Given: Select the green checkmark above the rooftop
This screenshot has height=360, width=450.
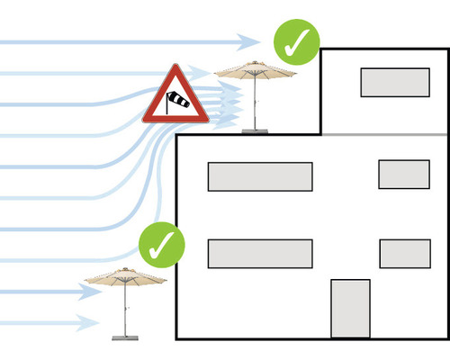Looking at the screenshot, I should click(x=297, y=40).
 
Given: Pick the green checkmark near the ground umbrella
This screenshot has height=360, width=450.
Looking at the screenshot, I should click(x=162, y=243).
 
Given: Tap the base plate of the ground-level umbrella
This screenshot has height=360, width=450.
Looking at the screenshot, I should click(x=126, y=338).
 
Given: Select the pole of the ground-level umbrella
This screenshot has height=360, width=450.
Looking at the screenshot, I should click(x=126, y=315).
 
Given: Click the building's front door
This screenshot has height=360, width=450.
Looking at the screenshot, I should click(x=350, y=309).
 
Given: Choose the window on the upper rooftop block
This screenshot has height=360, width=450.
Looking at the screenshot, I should click(x=394, y=82).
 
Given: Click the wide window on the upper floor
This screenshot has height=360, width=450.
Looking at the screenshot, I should click(x=260, y=176).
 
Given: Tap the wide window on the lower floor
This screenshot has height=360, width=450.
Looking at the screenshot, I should click(x=260, y=254).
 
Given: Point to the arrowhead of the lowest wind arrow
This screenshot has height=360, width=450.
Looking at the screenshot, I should click(x=91, y=322).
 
